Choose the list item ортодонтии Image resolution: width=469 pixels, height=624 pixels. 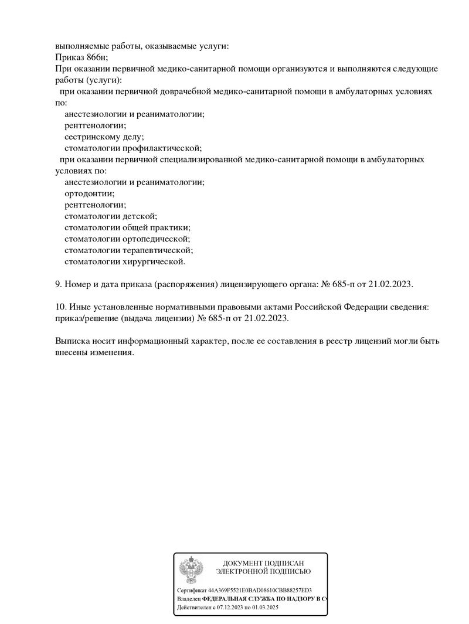[x=89, y=193]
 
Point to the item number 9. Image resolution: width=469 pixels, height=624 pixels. [x=58, y=284]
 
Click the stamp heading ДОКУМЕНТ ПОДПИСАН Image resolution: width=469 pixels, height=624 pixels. [x=263, y=563]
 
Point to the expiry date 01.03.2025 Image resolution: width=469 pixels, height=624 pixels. [x=265, y=608]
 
